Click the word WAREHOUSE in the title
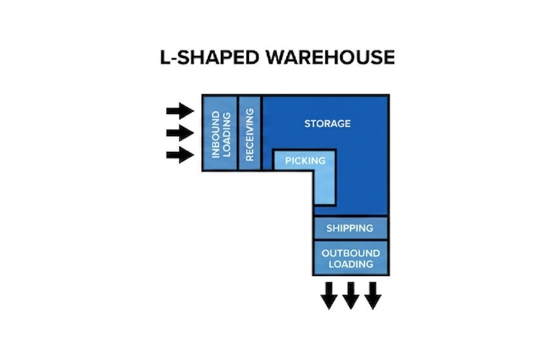(x=331, y=57)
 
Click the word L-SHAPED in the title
(x=210, y=57)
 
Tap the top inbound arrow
(x=180, y=111)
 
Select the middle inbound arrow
(x=180, y=133)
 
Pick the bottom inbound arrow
(x=180, y=155)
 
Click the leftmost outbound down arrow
(x=329, y=296)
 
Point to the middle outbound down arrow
(x=350, y=296)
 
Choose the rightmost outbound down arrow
(x=373, y=296)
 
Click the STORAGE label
(x=328, y=124)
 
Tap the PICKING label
(x=305, y=161)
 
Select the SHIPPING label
(x=350, y=228)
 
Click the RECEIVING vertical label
(x=250, y=134)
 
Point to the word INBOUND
(x=215, y=134)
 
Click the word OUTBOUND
(x=351, y=253)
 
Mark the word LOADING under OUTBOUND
(x=351, y=264)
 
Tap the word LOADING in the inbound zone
(x=227, y=135)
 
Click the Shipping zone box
(x=350, y=228)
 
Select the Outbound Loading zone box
(x=350, y=257)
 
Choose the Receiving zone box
(x=250, y=133)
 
